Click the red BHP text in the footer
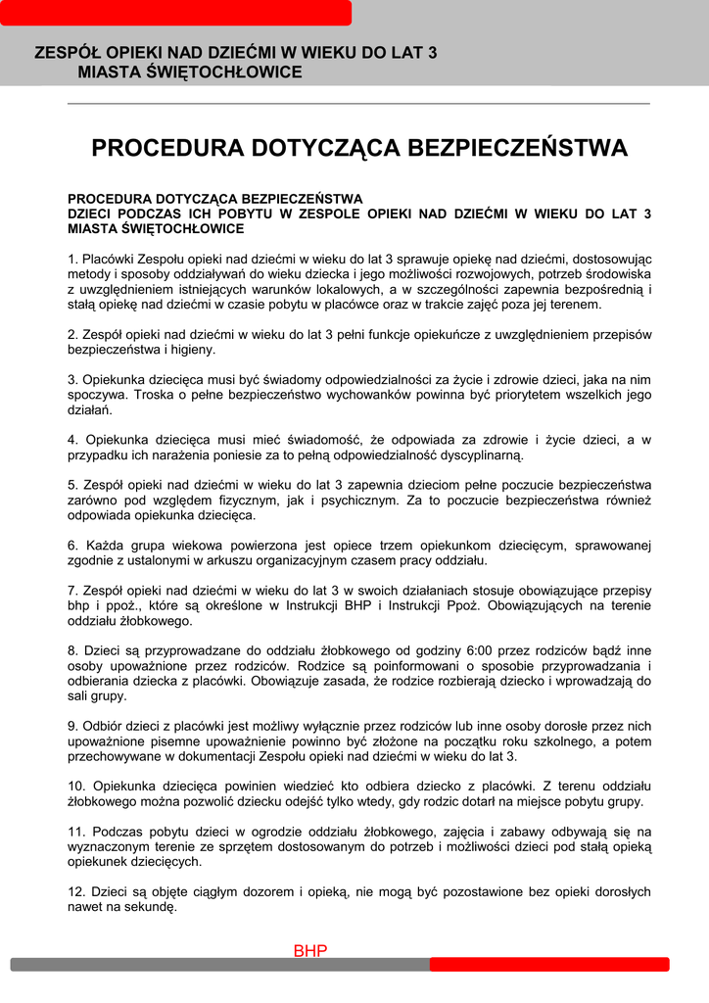pyautogui.click(x=310, y=951)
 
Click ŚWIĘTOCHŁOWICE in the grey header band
pyautogui.click(x=190, y=72)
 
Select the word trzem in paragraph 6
pyautogui.click(x=400, y=545)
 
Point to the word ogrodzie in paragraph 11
pyautogui.click(x=256, y=832)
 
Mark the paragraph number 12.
pyautogui.click(x=75, y=892)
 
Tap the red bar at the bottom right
pyautogui.click(x=548, y=965)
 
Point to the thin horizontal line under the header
pyautogui.click(x=358, y=104)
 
